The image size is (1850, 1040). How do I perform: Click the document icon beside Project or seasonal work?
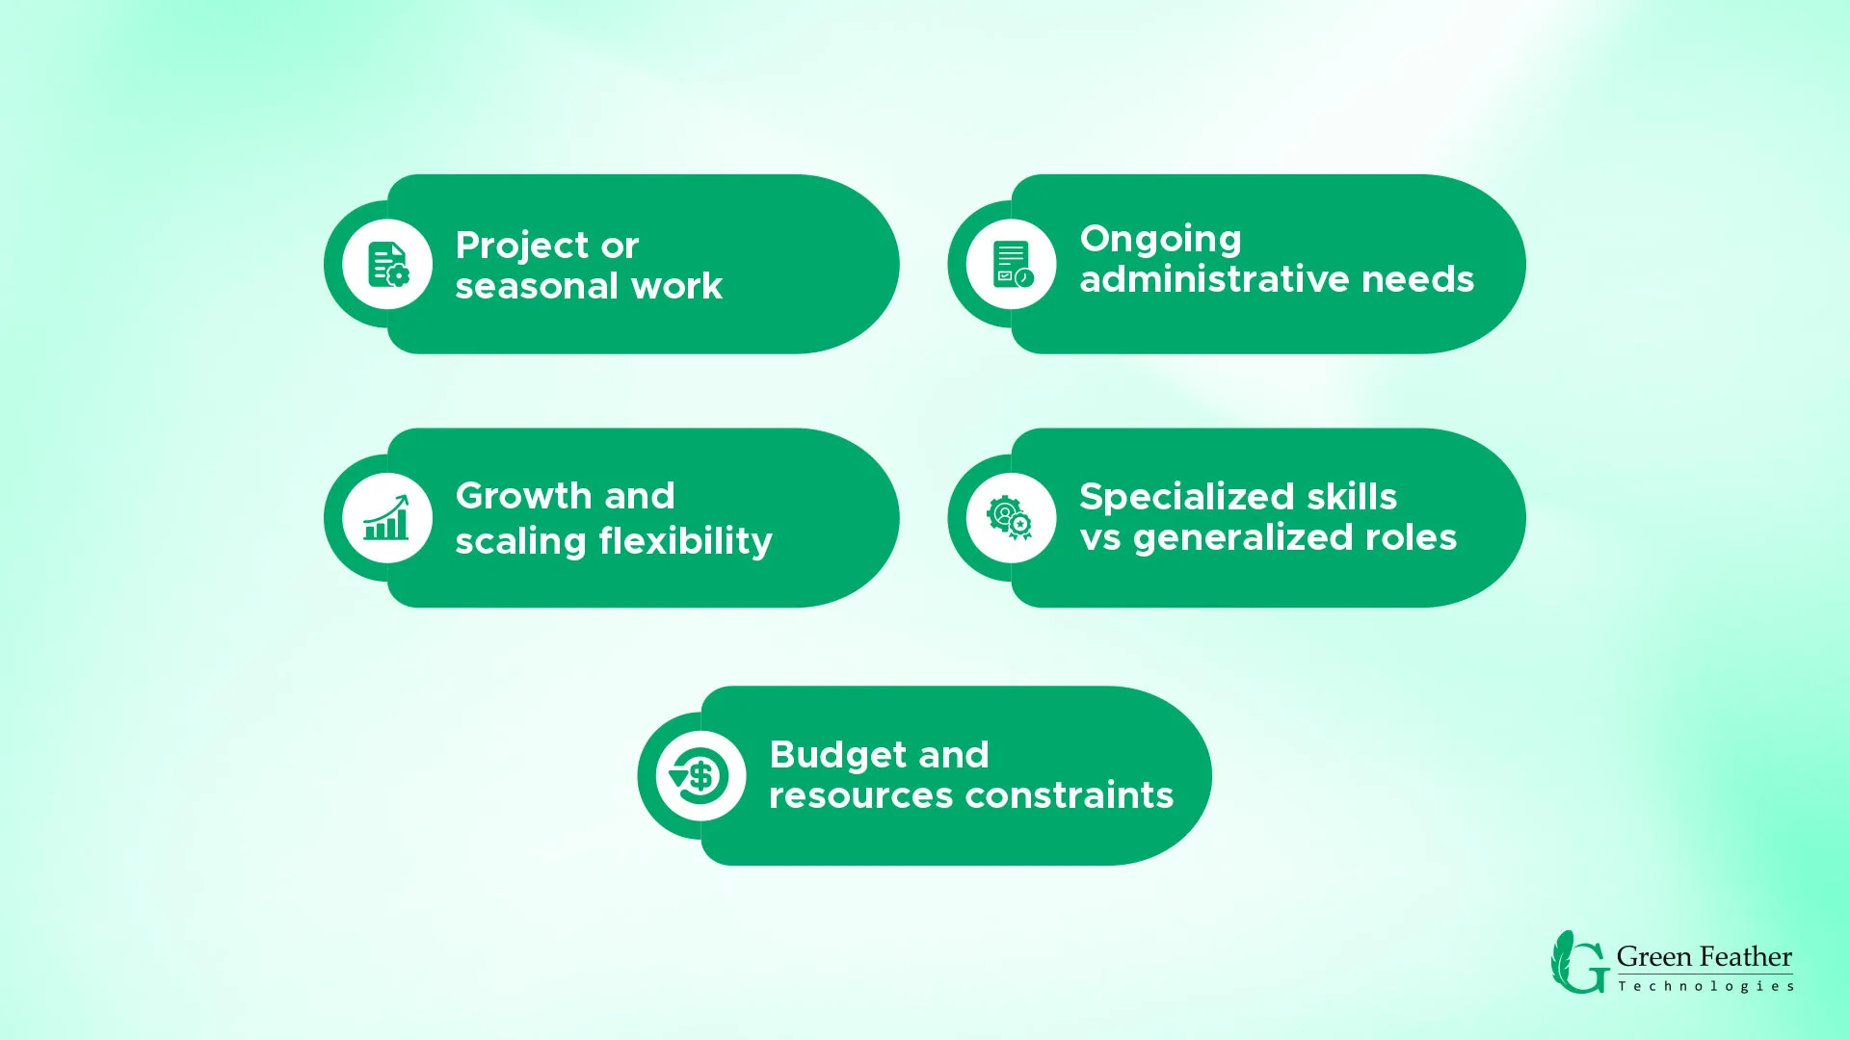(388, 265)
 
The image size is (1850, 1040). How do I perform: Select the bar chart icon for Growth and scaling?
(386, 517)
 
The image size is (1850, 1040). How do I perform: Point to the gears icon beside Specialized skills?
(1009, 517)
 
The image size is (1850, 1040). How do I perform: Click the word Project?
(521, 247)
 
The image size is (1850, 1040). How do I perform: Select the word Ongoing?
(1160, 240)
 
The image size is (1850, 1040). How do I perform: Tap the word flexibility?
(685, 541)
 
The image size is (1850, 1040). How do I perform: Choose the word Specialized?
(1186, 498)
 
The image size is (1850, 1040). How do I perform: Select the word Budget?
(837, 756)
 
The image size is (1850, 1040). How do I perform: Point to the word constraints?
(1070, 795)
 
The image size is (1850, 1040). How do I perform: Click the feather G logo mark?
(1579, 962)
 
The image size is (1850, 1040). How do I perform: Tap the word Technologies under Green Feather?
(1705, 986)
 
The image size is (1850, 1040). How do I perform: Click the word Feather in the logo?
(1746, 957)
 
